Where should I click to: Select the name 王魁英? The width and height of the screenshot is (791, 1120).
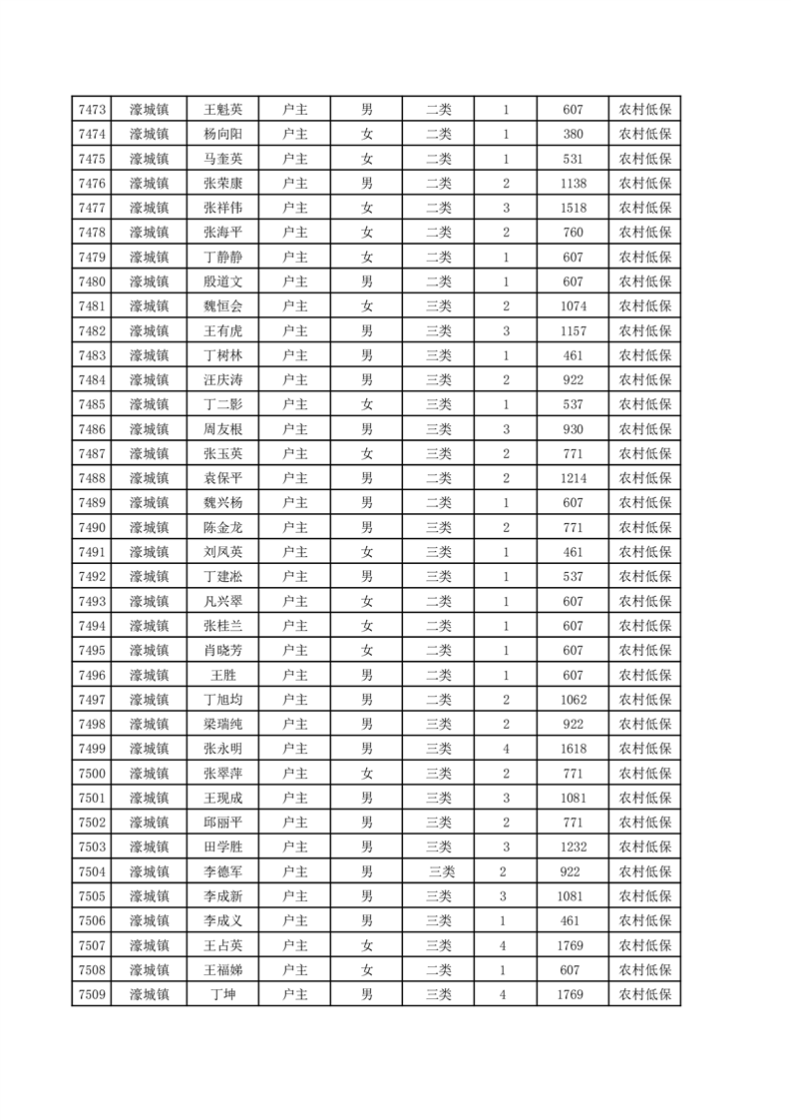point(222,110)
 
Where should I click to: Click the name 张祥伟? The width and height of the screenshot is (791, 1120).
point(222,208)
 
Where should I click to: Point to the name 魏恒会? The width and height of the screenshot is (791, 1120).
point(222,306)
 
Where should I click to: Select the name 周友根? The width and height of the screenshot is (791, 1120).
point(222,429)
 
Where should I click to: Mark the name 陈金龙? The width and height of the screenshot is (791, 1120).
point(222,527)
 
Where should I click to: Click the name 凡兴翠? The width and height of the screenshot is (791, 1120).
point(222,601)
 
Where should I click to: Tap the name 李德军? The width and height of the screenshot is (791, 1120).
point(222,871)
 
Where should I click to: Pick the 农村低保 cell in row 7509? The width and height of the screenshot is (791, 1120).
point(644,994)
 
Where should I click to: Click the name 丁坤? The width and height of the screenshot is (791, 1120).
point(222,994)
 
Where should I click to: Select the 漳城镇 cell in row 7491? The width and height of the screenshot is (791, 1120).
point(149,552)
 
